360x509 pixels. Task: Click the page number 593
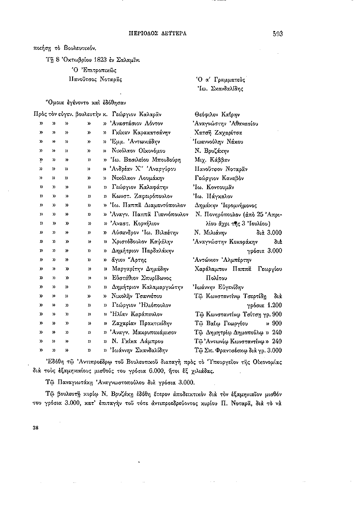pos(277,33)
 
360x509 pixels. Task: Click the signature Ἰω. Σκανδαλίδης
pos(220,89)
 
